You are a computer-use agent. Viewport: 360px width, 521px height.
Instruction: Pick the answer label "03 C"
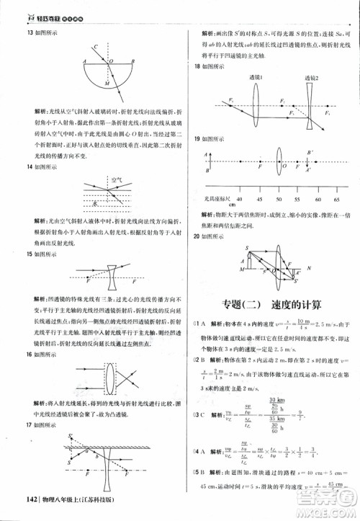click(x=198, y=413)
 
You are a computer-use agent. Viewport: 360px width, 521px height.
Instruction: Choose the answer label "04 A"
click(x=198, y=452)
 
